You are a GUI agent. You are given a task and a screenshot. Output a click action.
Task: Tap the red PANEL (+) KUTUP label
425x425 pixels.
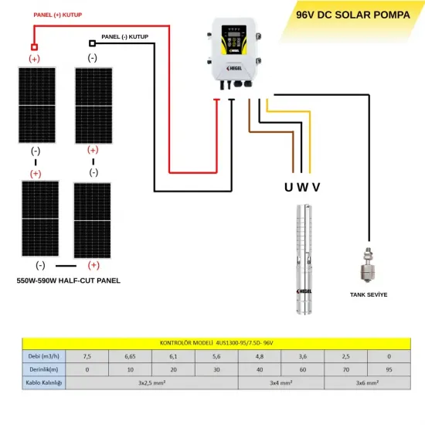point(58,15)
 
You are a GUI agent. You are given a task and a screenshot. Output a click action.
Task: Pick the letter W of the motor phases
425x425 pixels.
point(303,187)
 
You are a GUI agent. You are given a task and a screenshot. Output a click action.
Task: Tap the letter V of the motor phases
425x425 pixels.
point(316,187)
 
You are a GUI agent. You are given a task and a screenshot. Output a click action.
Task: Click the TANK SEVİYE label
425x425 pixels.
point(368,295)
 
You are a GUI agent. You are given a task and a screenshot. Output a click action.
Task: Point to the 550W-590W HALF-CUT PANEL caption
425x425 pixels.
point(68,280)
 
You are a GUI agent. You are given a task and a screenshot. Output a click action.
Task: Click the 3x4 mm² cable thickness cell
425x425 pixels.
point(280,382)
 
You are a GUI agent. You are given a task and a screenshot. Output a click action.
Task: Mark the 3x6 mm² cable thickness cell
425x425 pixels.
point(367,382)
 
